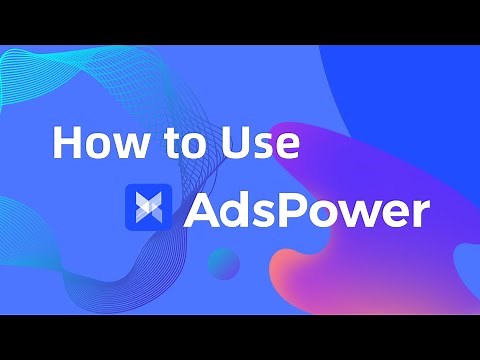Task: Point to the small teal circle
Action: [224, 263]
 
